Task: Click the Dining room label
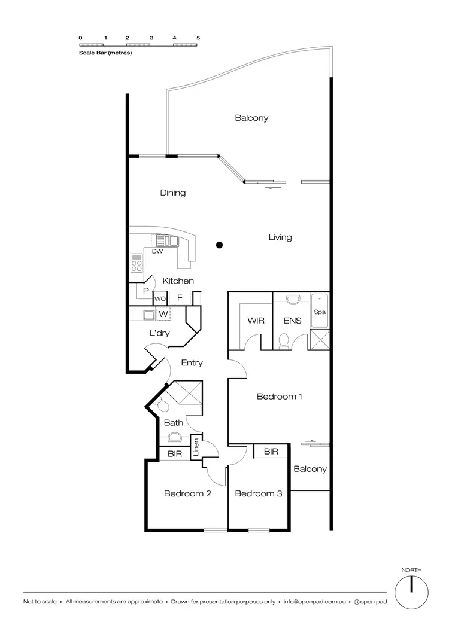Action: pyautogui.click(x=172, y=193)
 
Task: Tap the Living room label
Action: pyautogui.click(x=280, y=237)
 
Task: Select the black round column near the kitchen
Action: pyautogui.click(x=220, y=244)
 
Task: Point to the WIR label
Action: pyautogui.click(x=256, y=321)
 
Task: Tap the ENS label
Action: pyautogui.click(x=292, y=321)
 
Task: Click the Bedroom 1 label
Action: pyautogui.click(x=280, y=396)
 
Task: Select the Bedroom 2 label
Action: pyautogui.click(x=187, y=493)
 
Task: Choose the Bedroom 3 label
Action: pyautogui.click(x=258, y=493)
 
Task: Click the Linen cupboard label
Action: pyautogui.click(x=195, y=448)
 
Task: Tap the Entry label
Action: pyautogui.click(x=192, y=362)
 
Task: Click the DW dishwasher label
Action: pyautogui.click(x=157, y=251)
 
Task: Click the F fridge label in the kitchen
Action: pyautogui.click(x=179, y=298)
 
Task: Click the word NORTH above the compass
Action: pyautogui.click(x=411, y=570)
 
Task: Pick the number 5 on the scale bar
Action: pyautogui.click(x=198, y=38)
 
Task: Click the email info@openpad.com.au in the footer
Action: pyautogui.click(x=314, y=601)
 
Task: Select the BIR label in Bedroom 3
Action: pyautogui.click(x=271, y=452)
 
